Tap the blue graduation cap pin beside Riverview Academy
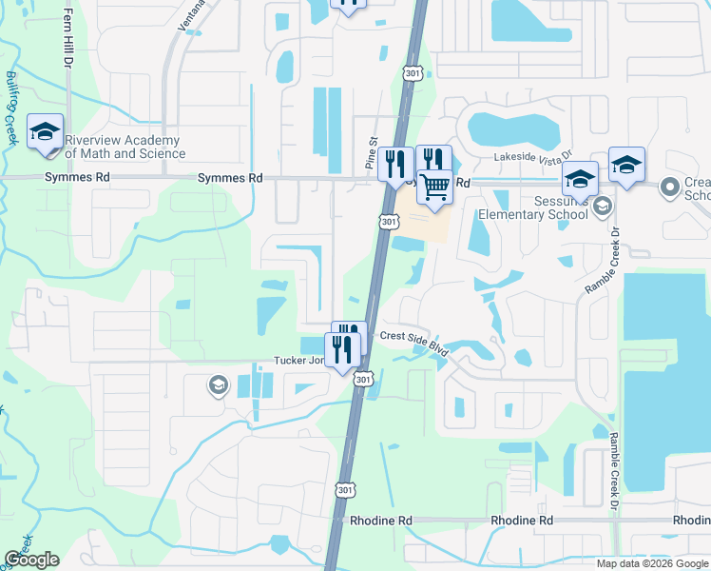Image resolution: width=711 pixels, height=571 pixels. click(45, 134)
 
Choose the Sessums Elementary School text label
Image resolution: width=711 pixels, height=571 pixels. click(534, 207)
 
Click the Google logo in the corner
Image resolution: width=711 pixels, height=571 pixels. click(31, 560)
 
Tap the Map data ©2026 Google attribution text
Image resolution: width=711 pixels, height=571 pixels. click(652, 563)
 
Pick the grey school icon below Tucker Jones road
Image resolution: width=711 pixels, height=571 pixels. click(218, 384)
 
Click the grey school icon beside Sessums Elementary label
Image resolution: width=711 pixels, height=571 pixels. click(601, 206)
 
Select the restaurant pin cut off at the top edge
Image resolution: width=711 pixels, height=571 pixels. click(348, 4)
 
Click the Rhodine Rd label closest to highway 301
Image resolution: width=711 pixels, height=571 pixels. click(380, 521)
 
